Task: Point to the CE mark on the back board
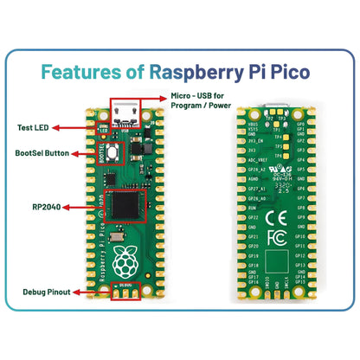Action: [272, 217]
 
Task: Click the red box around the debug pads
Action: [128, 292]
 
